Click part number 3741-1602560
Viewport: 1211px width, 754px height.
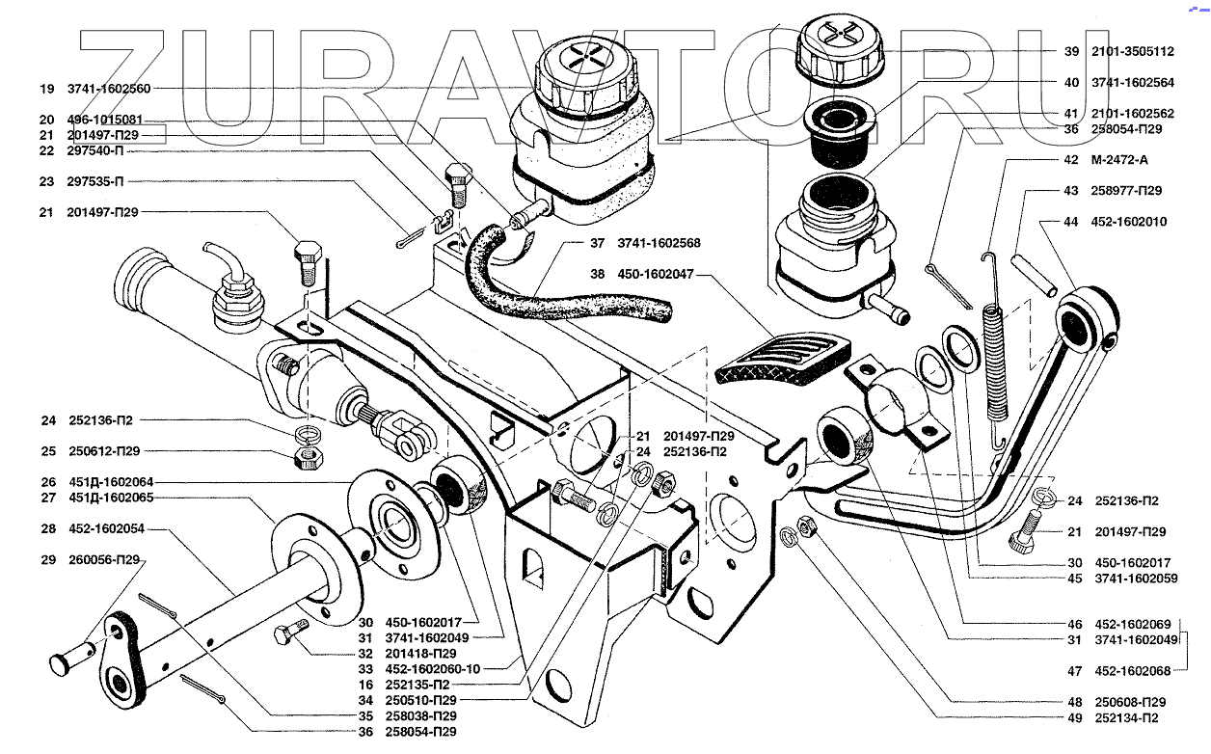coord(109,89)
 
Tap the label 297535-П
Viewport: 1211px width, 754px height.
coord(95,181)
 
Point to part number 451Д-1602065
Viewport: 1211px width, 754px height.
coord(110,498)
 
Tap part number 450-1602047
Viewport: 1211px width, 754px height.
coord(654,275)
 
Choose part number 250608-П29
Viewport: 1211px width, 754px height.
coord(1130,702)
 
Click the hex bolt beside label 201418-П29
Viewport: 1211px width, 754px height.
coord(288,634)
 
